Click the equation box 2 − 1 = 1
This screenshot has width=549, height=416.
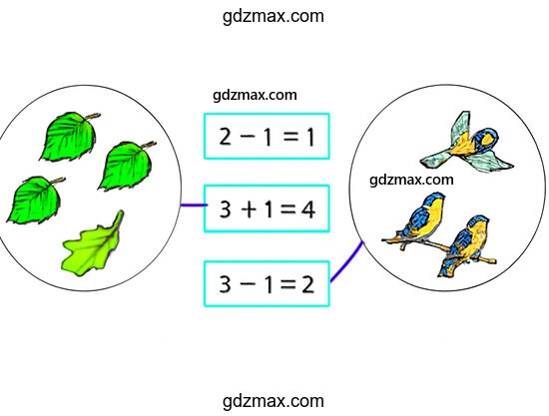point(267,136)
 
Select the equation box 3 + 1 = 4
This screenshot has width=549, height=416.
point(267,208)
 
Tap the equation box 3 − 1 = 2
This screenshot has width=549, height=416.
point(267,283)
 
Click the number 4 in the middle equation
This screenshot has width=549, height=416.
point(308,209)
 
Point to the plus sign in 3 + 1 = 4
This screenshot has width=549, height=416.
point(249,209)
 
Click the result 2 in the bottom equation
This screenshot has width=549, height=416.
point(307,284)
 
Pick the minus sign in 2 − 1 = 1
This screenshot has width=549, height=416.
point(248,136)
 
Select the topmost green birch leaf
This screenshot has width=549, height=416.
point(69,136)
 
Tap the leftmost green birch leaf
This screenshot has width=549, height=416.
point(35,200)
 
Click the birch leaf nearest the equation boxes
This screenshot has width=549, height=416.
point(127,166)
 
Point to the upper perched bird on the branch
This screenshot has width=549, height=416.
point(423,218)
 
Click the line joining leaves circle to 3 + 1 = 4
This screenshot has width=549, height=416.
point(194,206)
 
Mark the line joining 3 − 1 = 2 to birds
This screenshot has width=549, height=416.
point(347,261)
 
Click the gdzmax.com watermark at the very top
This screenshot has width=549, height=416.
point(274,16)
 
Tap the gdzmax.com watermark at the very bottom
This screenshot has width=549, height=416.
point(274,401)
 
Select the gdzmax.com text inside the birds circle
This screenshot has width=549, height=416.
point(411,180)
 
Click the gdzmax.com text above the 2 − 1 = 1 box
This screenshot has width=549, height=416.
point(255,95)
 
